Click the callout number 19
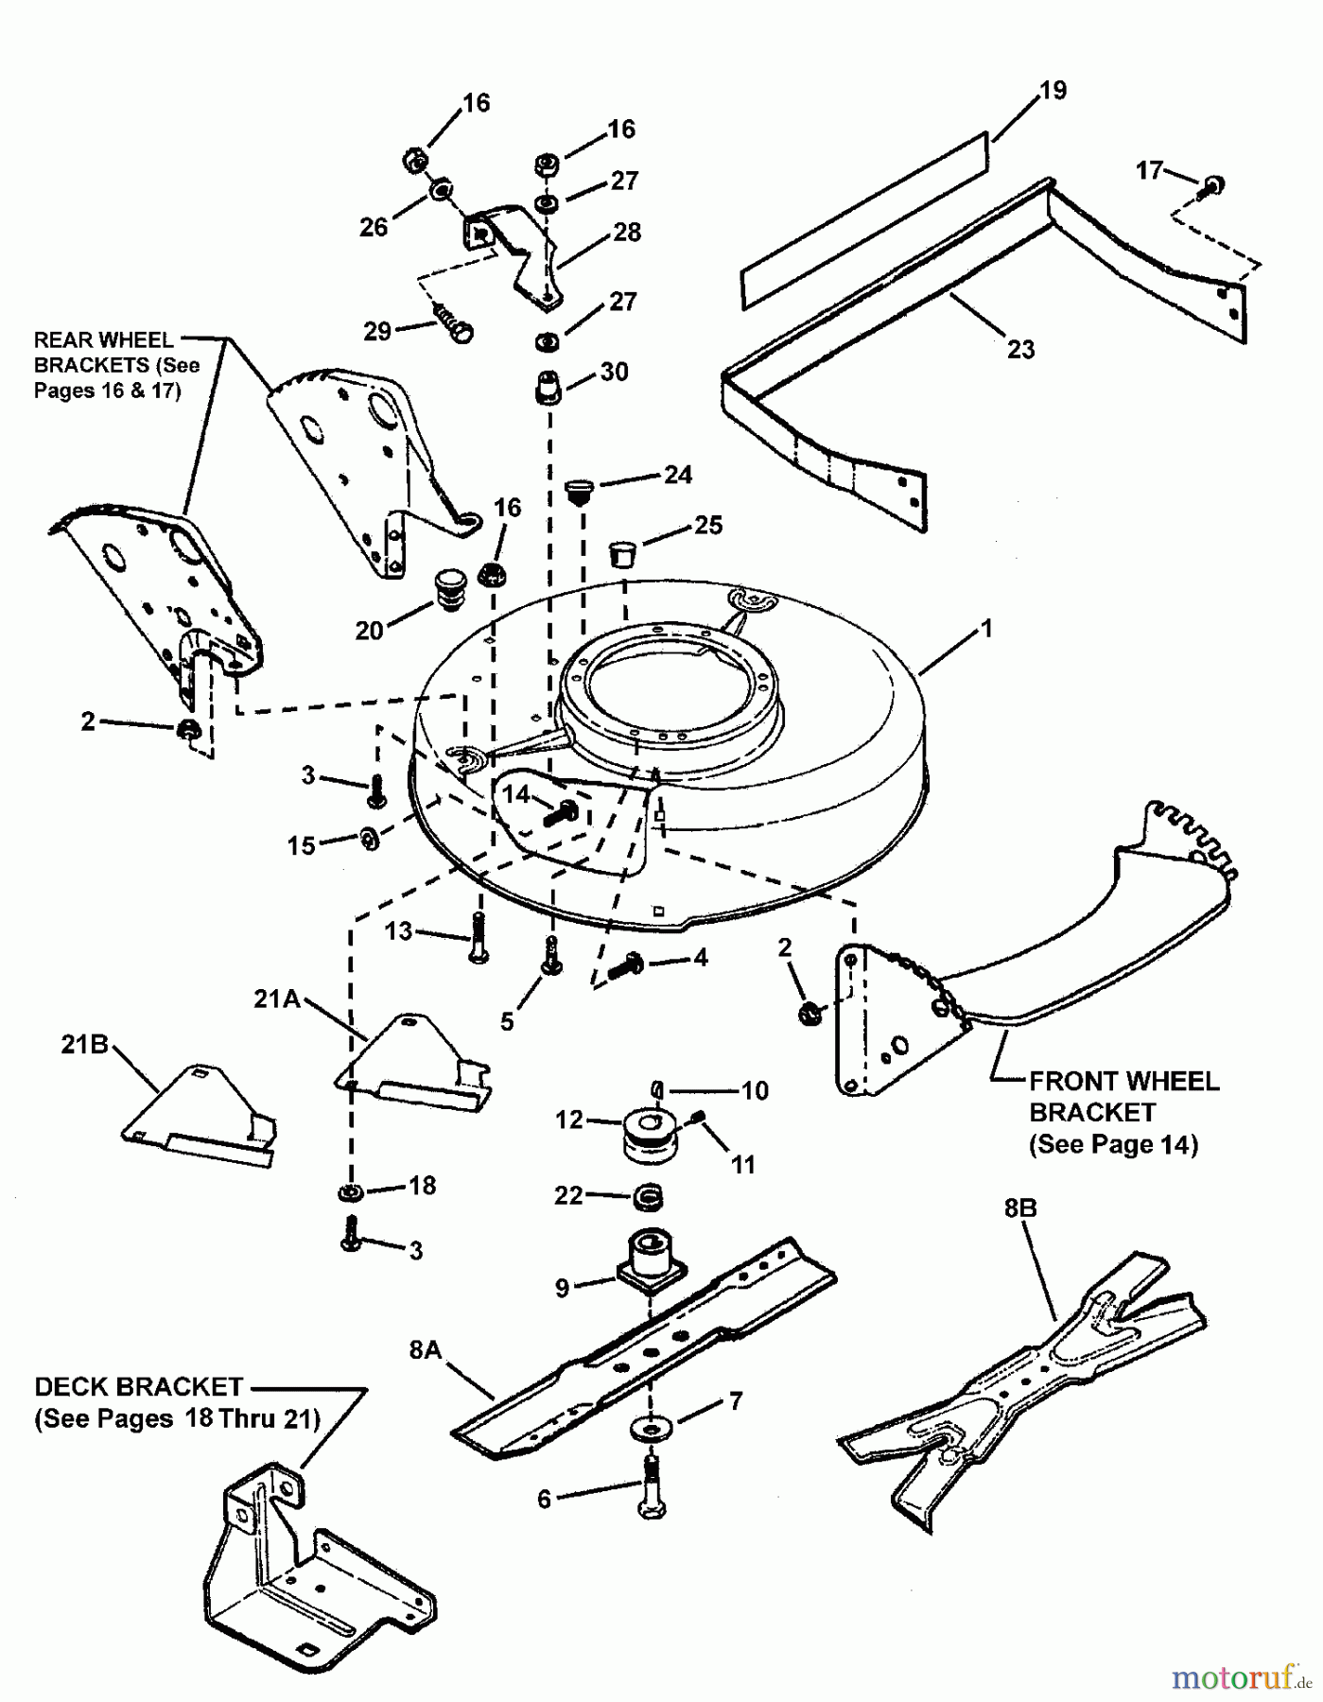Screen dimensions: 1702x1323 point(1053,91)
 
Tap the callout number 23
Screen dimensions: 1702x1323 point(1020,349)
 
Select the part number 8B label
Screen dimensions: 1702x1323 point(1019,1209)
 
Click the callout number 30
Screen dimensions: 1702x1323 point(614,372)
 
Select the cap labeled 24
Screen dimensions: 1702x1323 point(577,490)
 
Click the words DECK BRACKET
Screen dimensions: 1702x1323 point(138,1387)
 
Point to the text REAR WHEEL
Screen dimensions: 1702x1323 point(103,340)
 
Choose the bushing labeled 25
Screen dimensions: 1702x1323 point(620,551)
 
